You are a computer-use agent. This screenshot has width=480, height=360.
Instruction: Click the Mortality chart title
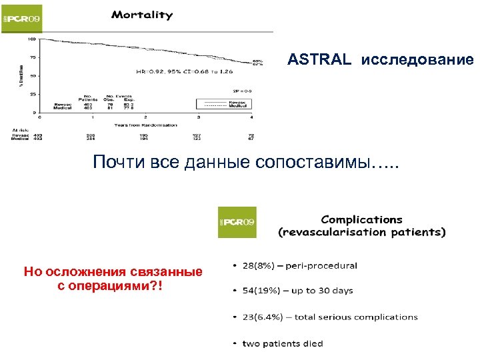tap(141, 14)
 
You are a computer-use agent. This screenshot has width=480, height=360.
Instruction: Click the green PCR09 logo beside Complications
tap(237, 221)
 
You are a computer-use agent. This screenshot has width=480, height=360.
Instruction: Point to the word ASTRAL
tap(319, 60)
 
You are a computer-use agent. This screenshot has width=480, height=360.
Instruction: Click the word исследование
tap(417, 60)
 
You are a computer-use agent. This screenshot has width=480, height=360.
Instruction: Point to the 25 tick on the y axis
tap(32, 94)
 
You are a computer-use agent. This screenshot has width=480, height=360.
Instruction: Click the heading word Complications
tap(362, 219)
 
